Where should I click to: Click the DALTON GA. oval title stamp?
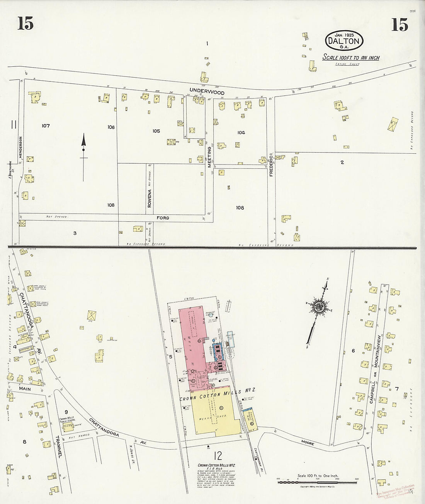click(344, 40)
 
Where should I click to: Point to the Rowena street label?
click(149, 198)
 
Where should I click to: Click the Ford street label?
click(163, 218)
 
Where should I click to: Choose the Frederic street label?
click(271, 166)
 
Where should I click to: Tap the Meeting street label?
click(209, 156)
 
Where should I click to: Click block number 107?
click(46, 126)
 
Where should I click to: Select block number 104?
click(241, 132)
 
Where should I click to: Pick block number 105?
click(156, 131)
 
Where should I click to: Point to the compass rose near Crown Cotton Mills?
click(320, 307)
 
